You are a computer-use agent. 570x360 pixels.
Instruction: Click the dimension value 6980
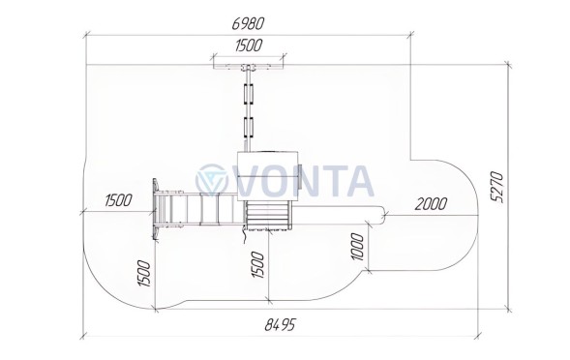click(248, 23)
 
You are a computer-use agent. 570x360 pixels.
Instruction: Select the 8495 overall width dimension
click(281, 324)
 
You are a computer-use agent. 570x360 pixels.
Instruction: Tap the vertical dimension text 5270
click(497, 187)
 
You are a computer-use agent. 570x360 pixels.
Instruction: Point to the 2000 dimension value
click(431, 204)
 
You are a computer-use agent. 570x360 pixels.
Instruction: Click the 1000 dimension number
click(358, 247)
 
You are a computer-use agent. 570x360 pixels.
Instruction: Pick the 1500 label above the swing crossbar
click(249, 45)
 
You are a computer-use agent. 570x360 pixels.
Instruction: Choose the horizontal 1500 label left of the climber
click(118, 200)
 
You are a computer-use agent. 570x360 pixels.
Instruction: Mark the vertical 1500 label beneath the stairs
click(257, 264)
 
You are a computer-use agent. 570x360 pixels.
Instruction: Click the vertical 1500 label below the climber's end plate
click(143, 274)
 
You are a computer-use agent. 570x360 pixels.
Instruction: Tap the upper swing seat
click(249, 94)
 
